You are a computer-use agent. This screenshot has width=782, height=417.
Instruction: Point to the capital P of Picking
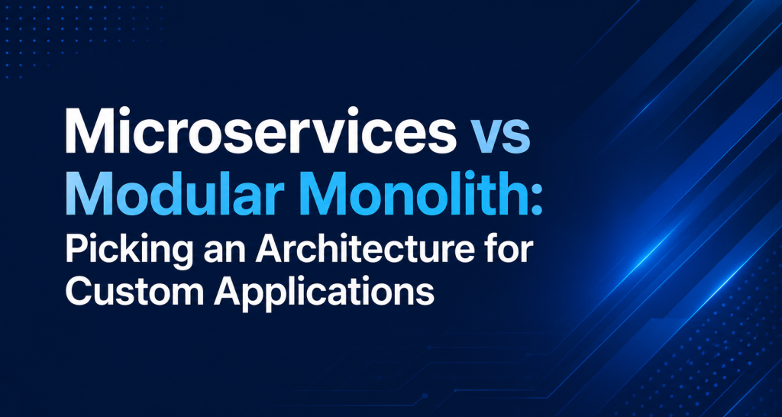tap(75, 252)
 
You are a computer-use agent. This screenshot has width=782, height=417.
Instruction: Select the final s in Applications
tap(425, 297)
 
